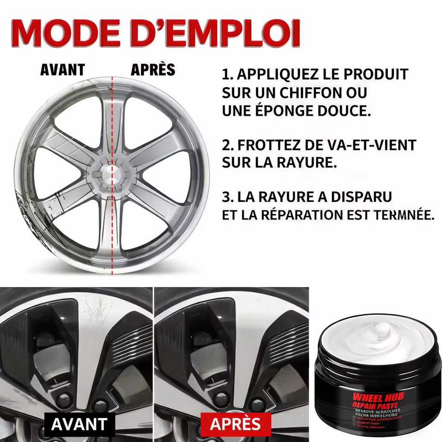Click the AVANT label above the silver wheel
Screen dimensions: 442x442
click(62, 70)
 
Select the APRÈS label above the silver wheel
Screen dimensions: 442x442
click(153, 70)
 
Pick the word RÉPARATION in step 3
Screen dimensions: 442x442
click(299, 215)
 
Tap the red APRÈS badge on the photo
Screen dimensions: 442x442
click(235, 424)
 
